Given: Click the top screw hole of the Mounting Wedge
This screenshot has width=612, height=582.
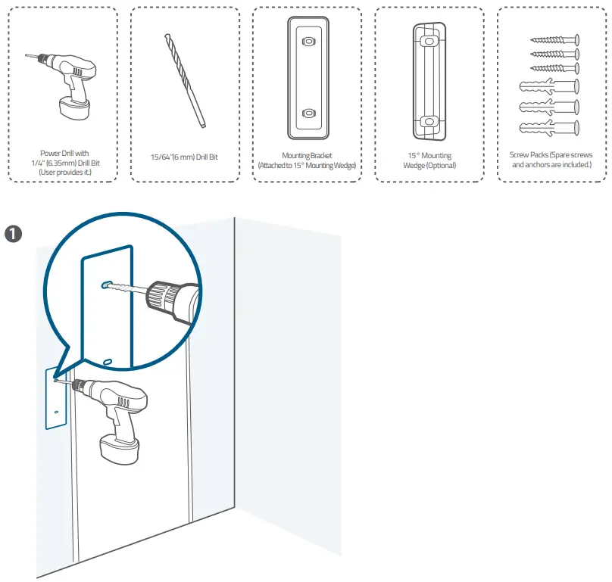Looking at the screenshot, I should [429, 39].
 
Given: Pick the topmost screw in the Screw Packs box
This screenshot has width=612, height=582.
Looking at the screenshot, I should [555, 39].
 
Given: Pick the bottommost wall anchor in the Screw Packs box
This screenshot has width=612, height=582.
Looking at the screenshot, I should [551, 126].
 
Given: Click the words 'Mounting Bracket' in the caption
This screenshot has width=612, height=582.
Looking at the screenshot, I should [306, 155].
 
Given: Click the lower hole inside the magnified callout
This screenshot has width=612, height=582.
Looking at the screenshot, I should [108, 362].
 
